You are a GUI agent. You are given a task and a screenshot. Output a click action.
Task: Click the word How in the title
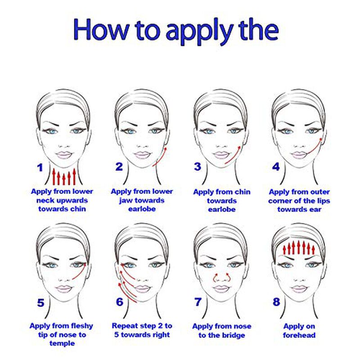click(101, 30)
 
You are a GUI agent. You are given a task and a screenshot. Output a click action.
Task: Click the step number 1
click(40, 167)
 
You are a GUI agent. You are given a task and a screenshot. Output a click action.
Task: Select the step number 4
click(276, 166)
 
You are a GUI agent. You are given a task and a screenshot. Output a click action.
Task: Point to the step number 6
click(120, 301)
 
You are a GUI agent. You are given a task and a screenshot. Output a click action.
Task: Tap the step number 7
click(198, 301)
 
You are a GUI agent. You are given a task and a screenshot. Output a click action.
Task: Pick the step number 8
click(276, 301)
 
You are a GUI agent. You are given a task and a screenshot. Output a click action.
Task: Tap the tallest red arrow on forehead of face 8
click(298, 247)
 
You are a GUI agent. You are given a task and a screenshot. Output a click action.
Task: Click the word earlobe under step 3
click(222, 209)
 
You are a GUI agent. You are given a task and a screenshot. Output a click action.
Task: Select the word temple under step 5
click(62, 343)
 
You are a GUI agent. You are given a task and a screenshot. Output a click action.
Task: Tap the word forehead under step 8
click(299, 335)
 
